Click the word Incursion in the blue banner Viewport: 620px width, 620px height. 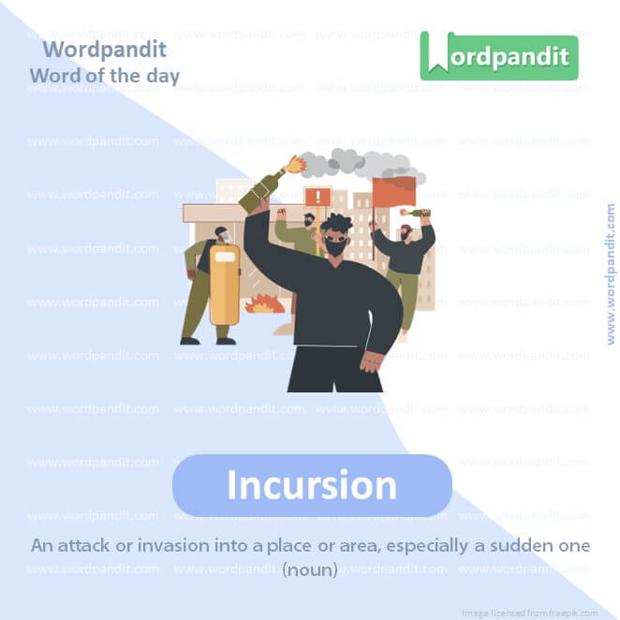[x=312, y=485]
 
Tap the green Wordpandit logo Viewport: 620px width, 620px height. [x=498, y=56]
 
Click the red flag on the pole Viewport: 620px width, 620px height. [x=393, y=192]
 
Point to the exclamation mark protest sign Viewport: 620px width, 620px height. [x=317, y=197]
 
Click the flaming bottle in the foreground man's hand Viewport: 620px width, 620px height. [x=268, y=185]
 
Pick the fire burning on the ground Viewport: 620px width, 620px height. [x=264, y=303]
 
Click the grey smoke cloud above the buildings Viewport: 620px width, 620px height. [x=361, y=165]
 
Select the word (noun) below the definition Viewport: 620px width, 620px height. [x=310, y=568]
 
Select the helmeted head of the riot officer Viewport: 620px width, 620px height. [x=221, y=234]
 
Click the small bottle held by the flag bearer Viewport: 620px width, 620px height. [x=414, y=213]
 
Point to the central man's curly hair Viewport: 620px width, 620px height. [x=334, y=226]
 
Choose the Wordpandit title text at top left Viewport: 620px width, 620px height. [x=105, y=48]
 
